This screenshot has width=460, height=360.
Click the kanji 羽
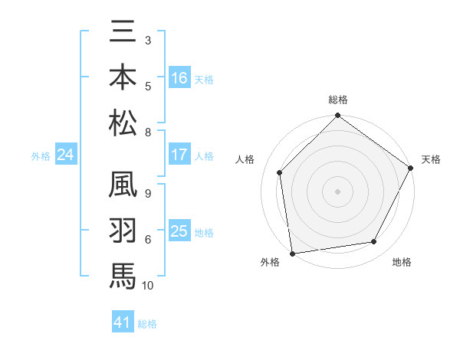123,231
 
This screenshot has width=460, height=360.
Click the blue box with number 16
179,78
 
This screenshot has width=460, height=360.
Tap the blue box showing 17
179,155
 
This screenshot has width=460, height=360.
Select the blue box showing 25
179,231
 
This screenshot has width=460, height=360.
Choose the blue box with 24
65,155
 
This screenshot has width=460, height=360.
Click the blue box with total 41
123,322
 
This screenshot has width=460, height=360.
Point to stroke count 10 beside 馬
148,286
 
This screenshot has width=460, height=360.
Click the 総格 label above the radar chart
338,100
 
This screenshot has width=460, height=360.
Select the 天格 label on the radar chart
431,159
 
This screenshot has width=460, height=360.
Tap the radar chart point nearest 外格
292,253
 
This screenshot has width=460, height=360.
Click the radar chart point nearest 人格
280,172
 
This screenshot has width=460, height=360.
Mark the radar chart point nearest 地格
374,241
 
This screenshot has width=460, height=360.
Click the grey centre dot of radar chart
338,191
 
